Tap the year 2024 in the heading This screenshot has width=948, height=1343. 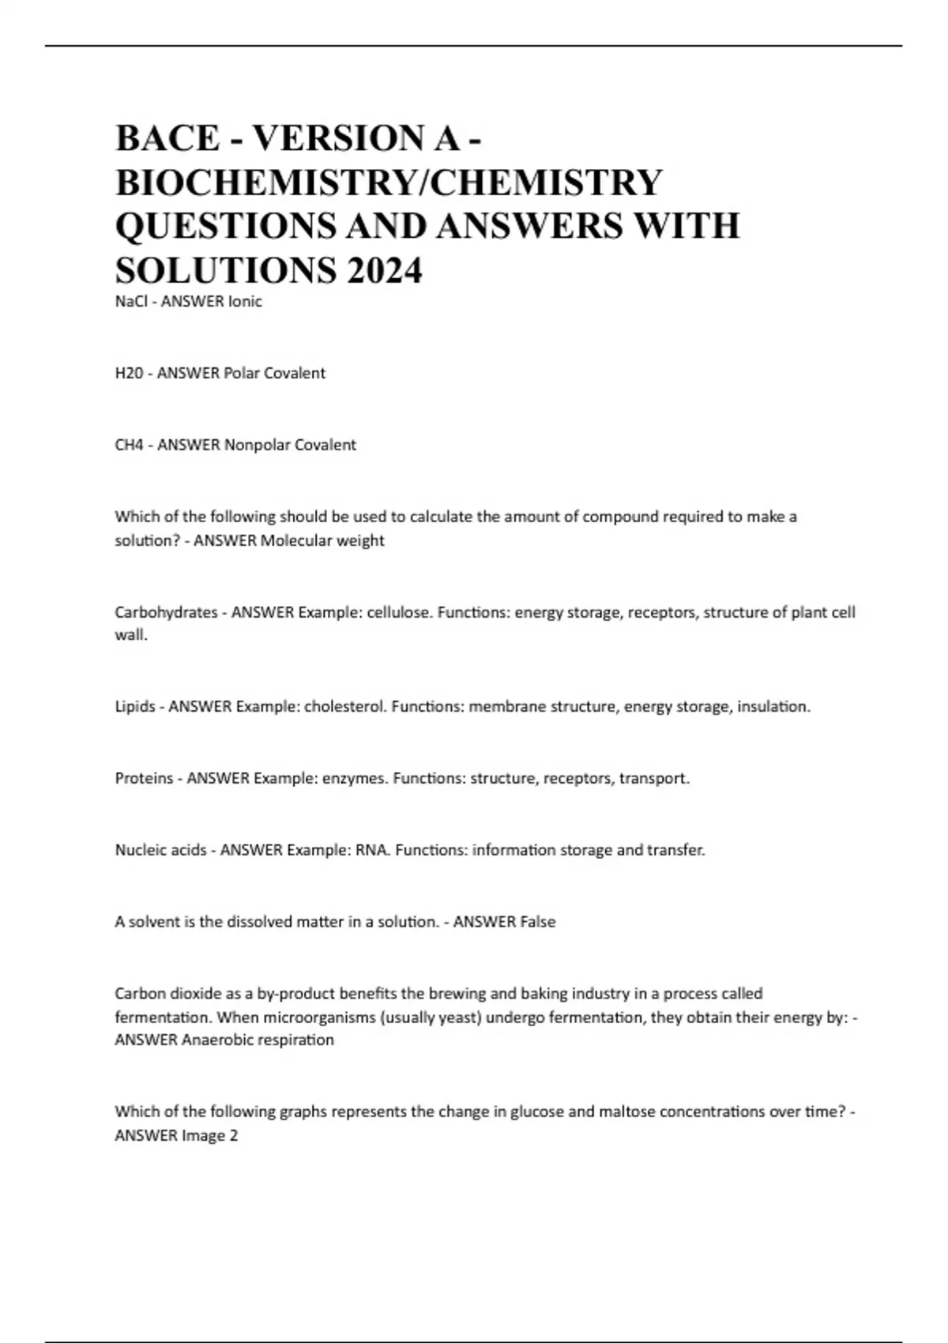(383, 271)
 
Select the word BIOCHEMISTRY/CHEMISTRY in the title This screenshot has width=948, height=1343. (389, 182)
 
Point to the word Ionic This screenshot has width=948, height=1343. (244, 301)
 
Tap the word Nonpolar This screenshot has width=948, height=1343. (257, 445)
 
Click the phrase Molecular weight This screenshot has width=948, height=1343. (322, 540)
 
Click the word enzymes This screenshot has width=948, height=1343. (355, 778)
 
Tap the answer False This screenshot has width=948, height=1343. (537, 921)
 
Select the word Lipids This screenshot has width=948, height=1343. (135, 706)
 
